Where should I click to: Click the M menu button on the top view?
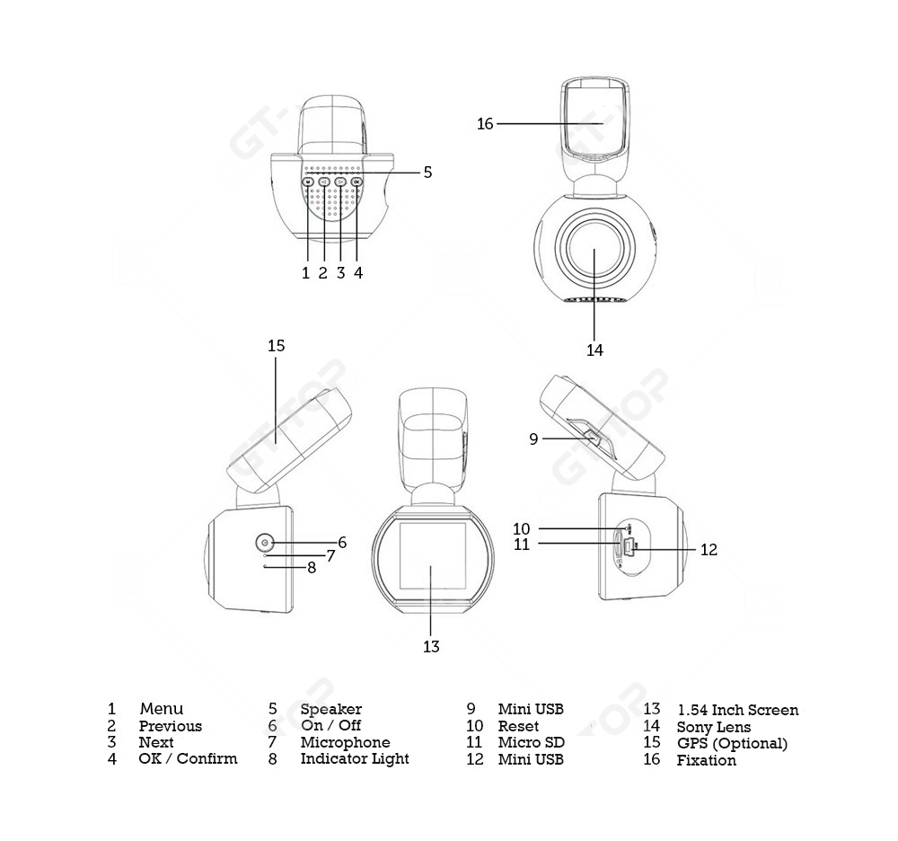click(307, 181)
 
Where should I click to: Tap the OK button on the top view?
click(357, 181)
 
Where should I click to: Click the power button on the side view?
click(264, 542)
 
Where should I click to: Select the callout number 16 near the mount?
click(485, 123)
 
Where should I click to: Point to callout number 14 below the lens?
click(595, 350)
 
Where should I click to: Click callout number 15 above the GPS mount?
click(276, 345)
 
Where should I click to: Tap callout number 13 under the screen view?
click(431, 646)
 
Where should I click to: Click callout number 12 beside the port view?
click(709, 549)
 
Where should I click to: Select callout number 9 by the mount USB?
click(533, 438)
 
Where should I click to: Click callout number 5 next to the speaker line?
click(427, 172)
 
